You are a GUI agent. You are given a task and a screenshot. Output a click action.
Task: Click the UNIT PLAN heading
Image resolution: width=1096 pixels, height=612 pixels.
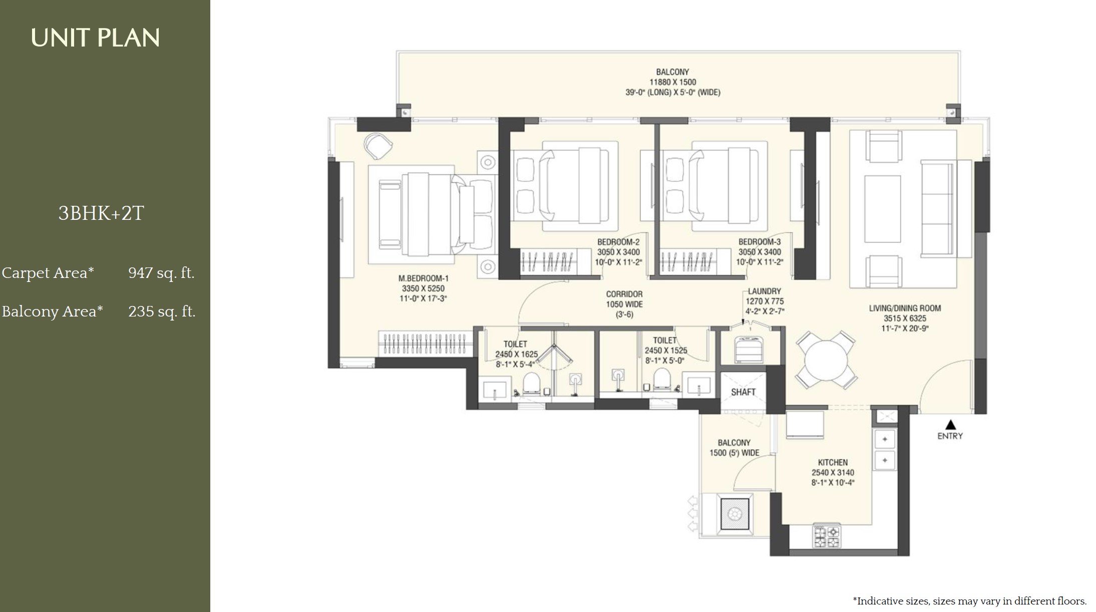[95, 38]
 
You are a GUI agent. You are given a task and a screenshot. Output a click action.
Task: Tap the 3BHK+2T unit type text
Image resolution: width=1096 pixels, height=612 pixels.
[101, 213]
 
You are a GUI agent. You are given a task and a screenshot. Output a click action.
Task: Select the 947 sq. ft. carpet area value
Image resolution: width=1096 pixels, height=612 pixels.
[161, 273]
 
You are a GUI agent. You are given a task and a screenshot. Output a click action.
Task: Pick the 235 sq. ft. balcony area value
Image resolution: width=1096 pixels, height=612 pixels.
[162, 312]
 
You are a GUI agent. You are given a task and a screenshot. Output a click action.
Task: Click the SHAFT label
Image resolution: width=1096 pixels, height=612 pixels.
[743, 392]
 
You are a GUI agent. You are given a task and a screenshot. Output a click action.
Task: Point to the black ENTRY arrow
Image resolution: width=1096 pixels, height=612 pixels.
[950, 425]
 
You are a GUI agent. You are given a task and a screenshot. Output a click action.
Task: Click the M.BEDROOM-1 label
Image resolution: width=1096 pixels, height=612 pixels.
[424, 278]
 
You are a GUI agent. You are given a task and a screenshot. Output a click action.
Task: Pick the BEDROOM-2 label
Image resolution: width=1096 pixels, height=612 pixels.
[618, 242]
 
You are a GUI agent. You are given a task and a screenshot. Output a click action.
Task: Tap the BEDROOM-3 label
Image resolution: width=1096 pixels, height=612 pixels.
[760, 242]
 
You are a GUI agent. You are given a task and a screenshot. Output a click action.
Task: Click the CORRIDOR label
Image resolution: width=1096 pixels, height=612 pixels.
[624, 294]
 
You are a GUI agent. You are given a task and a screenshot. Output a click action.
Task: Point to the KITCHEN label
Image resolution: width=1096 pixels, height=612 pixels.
[833, 462]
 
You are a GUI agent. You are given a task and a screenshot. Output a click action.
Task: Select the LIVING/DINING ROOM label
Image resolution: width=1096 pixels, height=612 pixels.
[905, 309]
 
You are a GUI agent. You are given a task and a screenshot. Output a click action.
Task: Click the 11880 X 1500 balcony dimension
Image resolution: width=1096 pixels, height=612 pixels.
[673, 82]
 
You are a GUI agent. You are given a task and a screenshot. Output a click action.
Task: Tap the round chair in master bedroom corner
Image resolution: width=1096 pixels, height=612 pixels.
[378, 146]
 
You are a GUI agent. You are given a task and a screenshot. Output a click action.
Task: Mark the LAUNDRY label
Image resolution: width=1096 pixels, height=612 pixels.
[765, 291]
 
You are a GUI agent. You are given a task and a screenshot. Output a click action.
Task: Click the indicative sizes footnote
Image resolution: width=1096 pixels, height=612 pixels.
[969, 601]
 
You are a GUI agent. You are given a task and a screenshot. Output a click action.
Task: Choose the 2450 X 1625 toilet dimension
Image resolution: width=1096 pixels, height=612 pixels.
[516, 354]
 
